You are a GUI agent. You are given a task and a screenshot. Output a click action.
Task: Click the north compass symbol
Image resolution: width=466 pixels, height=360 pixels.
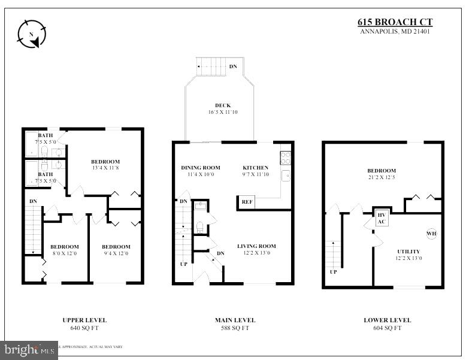tap(32, 34)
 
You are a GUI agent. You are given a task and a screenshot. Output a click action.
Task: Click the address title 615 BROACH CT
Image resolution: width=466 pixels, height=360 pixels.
tap(395, 22)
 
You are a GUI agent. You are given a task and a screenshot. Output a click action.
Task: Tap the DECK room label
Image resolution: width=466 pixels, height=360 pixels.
tap(223, 105)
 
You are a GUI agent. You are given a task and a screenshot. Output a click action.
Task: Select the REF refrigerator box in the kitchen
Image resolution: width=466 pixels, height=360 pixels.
tap(247, 202)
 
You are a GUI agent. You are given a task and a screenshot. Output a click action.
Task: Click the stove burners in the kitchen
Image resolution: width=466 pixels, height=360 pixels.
tap(286, 158)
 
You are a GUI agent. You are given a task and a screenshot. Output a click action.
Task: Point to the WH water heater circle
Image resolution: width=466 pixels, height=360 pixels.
tap(431, 233)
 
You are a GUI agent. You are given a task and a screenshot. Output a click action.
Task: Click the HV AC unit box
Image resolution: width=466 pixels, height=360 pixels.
tap(382, 218)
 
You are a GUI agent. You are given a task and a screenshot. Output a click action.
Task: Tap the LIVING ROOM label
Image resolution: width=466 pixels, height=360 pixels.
tap(256, 246)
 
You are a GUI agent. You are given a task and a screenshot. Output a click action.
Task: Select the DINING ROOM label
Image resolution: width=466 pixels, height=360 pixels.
tap(201, 168)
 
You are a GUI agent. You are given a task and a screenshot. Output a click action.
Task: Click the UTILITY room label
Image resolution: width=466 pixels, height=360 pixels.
tap(408, 252)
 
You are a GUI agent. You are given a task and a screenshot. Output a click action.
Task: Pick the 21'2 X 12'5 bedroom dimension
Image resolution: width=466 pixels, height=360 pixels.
tap(382, 178)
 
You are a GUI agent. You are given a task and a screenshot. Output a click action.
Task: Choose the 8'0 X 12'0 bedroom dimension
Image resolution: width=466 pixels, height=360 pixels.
tap(64, 254)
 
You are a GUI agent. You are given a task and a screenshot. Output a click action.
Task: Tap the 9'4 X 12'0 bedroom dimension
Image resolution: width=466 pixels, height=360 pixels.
tap(116, 254)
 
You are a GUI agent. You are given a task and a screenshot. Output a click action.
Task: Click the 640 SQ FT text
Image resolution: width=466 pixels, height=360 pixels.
tap(84, 328)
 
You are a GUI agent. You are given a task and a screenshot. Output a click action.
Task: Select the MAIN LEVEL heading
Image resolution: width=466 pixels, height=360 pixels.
tap(235, 320)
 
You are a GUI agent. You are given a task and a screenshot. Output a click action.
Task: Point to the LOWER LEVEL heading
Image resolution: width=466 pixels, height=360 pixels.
tap(387, 320)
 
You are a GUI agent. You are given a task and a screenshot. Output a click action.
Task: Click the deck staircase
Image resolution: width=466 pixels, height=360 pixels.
tap(211, 66)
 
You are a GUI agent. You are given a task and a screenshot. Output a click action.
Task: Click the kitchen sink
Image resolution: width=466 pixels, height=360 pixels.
tap(286, 176)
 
